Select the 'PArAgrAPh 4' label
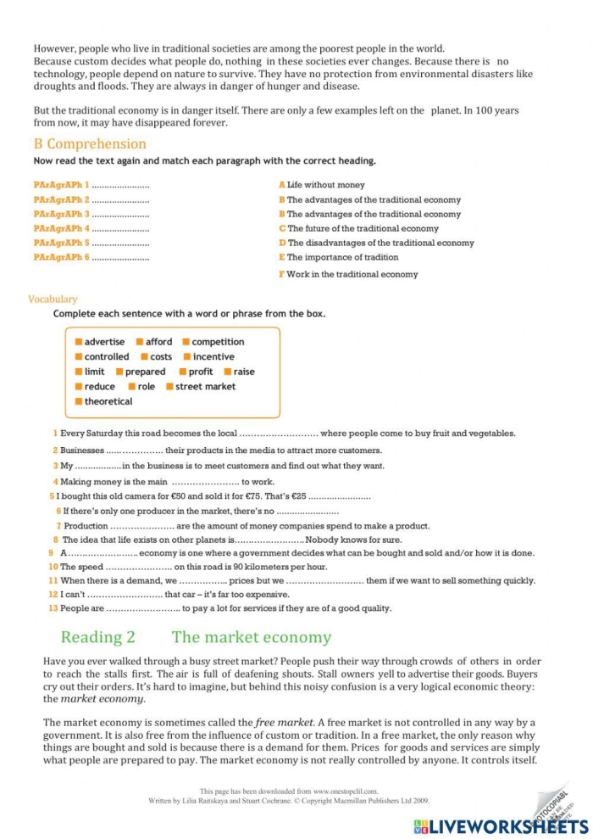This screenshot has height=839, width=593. click(x=62, y=229)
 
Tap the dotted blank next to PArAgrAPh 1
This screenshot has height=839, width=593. click(x=120, y=186)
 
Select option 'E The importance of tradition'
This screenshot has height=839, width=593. click(x=337, y=258)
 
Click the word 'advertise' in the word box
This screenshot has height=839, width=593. click(x=104, y=342)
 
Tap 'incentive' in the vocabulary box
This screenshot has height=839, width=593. click(x=213, y=357)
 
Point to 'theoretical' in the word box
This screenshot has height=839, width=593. click(x=108, y=402)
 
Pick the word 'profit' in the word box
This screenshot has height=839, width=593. click(x=201, y=372)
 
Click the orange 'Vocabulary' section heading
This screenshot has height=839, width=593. click(x=53, y=299)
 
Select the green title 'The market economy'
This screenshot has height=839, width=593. click(x=252, y=637)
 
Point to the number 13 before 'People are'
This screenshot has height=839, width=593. click(x=53, y=608)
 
